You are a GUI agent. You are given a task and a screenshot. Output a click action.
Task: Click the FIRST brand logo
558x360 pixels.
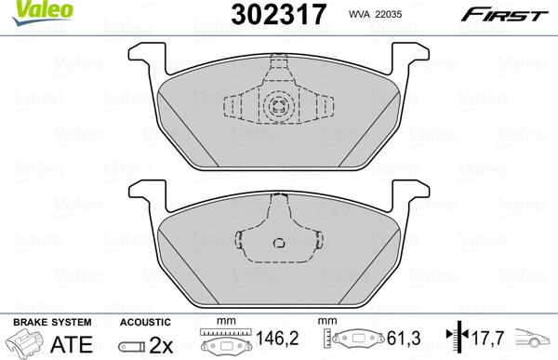[x=516, y=13]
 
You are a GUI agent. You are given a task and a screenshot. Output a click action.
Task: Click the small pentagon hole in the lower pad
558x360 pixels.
[x=278, y=245]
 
